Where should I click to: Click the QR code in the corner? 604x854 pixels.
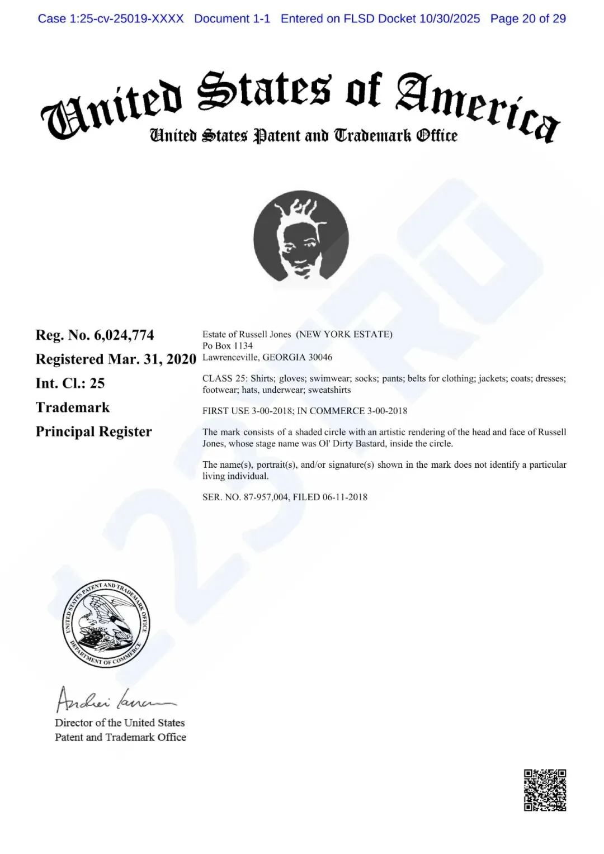pyautogui.click(x=545, y=790)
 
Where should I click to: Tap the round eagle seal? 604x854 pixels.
pyautogui.click(x=106, y=623)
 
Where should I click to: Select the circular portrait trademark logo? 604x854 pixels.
pyautogui.click(x=301, y=236)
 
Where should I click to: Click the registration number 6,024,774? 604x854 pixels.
pyautogui.click(x=124, y=335)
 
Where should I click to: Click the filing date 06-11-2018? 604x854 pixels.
pyautogui.click(x=345, y=497)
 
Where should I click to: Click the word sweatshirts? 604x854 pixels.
pyautogui.click(x=329, y=390)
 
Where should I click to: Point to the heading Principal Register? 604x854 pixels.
pyautogui.click(x=93, y=432)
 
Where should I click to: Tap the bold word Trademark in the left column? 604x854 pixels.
pyautogui.click(x=73, y=407)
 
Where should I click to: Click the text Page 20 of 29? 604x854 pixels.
pyautogui.click(x=528, y=18)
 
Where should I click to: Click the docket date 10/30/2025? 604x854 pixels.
pyautogui.click(x=449, y=18)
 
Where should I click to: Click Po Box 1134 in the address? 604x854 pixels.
pyautogui.click(x=228, y=346)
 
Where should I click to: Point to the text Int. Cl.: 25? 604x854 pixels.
pyautogui.click(x=70, y=383)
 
